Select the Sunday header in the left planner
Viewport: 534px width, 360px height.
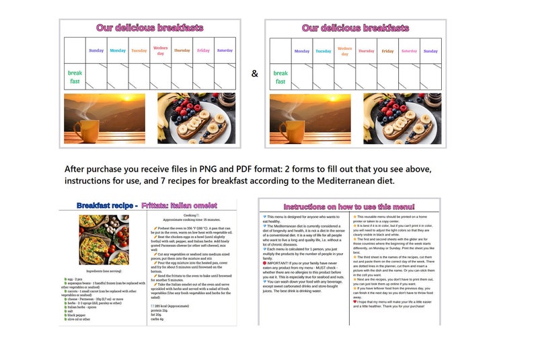96,50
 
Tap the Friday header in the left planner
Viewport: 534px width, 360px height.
203,50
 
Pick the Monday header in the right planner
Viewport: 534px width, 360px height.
302,51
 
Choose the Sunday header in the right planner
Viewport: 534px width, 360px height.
430,51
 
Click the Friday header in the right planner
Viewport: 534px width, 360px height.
387,51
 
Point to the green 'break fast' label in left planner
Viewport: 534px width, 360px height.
75,77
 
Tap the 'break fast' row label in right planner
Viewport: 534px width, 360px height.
280,77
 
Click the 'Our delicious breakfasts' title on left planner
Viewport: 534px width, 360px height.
149,28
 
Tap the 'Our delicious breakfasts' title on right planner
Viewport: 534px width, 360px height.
355,28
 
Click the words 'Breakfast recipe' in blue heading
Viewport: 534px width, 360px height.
104,205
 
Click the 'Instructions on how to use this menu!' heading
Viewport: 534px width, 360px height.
349,207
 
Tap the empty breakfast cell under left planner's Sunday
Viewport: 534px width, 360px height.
96,77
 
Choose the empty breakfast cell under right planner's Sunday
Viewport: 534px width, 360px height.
430,77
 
